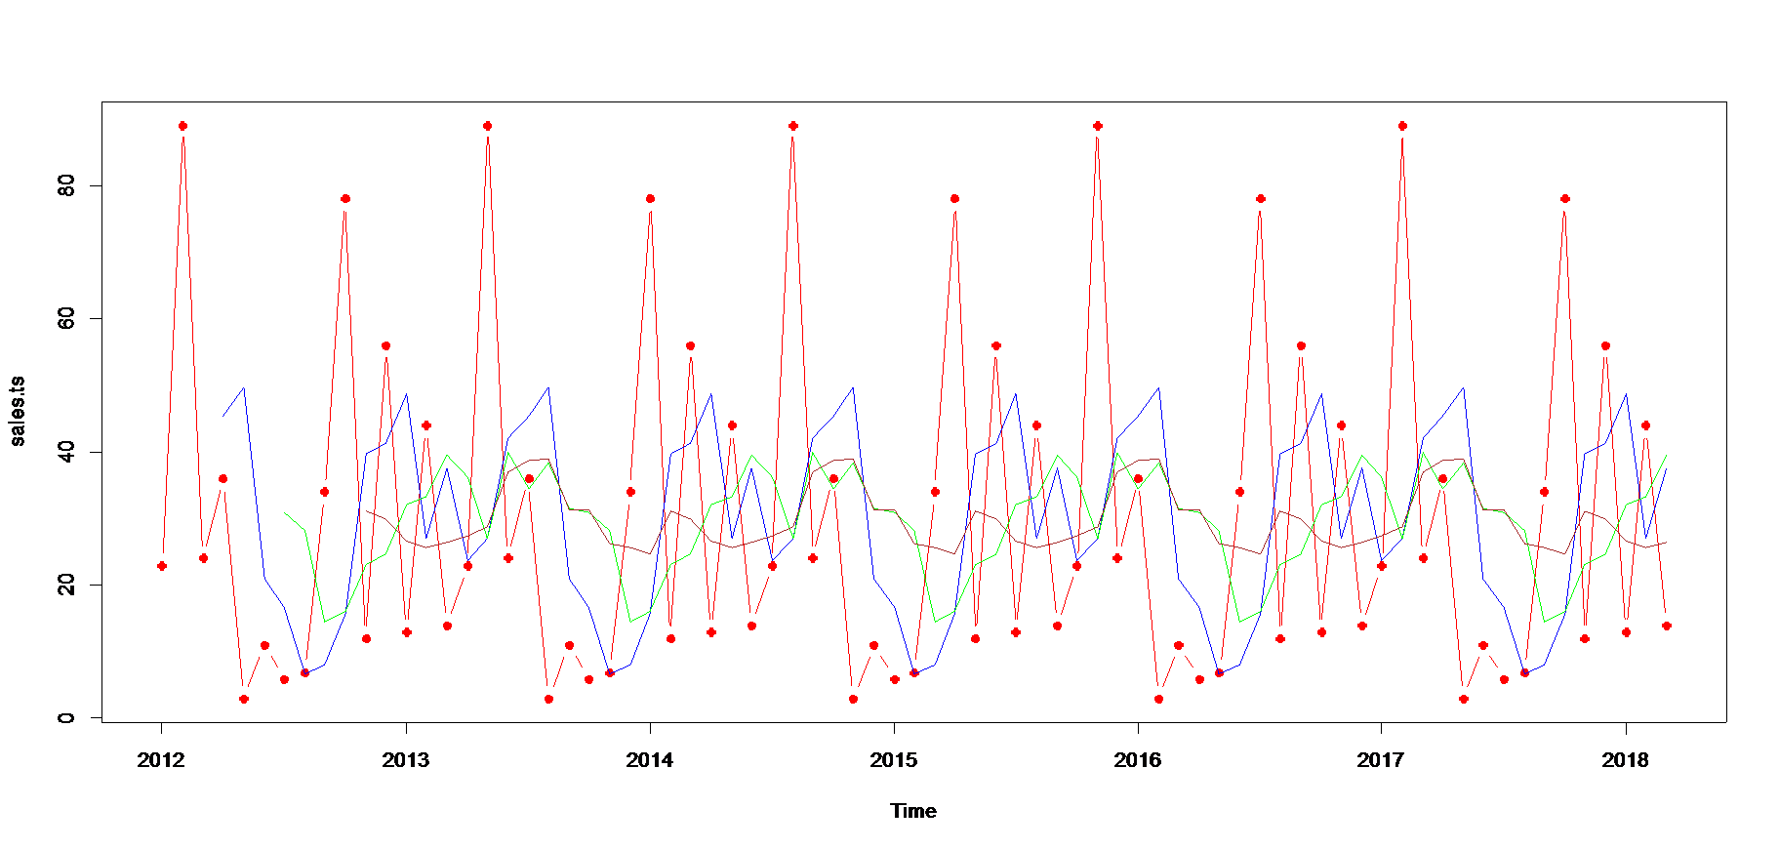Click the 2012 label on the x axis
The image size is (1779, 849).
click(162, 760)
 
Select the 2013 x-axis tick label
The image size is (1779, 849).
click(406, 760)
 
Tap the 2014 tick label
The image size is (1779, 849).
click(650, 760)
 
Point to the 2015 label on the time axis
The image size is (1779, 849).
click(894, 760)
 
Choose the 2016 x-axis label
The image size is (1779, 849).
click(1138, 760)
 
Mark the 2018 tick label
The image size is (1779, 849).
click(1626, 760)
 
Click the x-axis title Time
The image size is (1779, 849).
click(914, 811)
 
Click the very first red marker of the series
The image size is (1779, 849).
click(162, 566)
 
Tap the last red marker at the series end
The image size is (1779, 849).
click(1667, 626)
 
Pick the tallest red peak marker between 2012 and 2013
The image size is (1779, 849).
click(182, 126)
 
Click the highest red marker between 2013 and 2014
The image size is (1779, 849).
click(487, 126)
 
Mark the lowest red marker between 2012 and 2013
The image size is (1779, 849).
click(244, 699)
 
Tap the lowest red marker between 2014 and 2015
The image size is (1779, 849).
click(853, 699)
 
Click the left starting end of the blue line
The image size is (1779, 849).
click(223, 417)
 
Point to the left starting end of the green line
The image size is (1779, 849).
click(284, 512)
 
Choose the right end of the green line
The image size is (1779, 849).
click(1667, 455)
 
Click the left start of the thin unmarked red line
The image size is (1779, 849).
click(365, 509)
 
